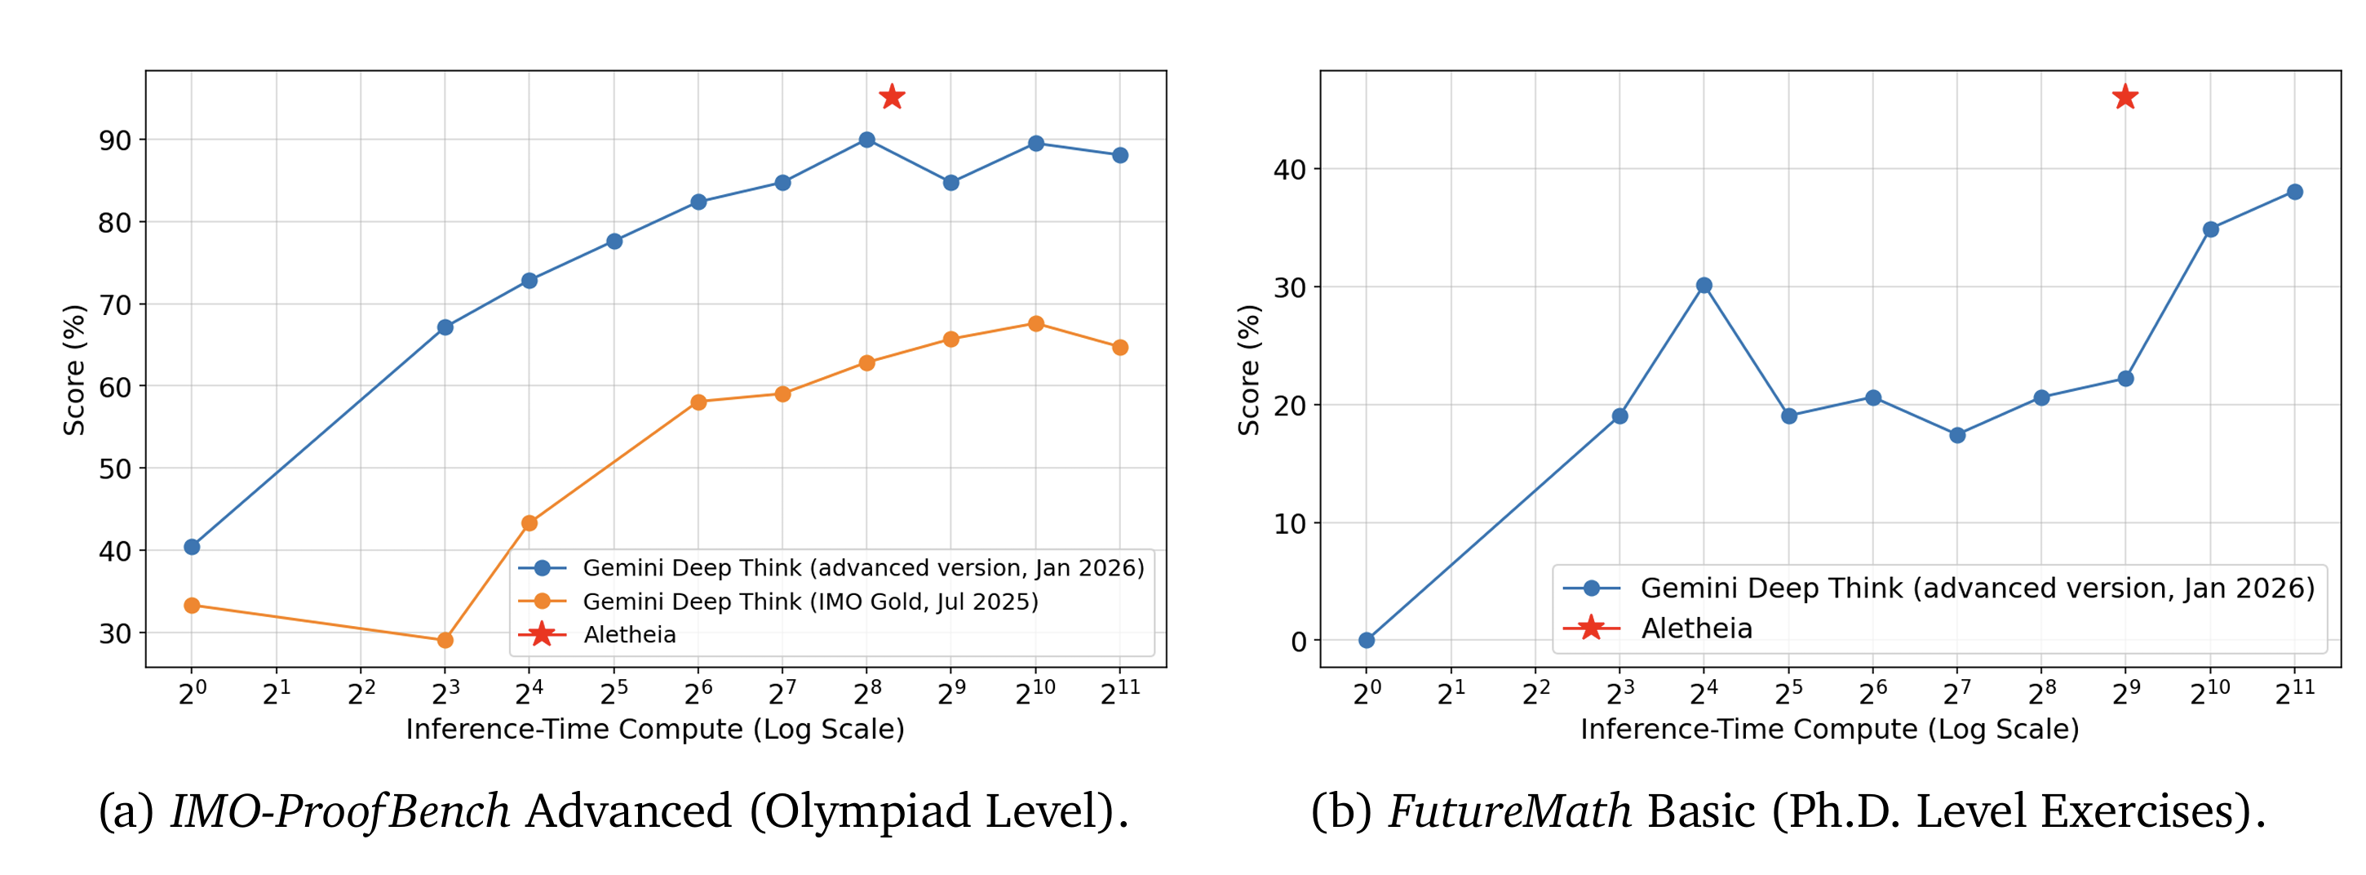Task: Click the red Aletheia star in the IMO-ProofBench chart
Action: [892, 96]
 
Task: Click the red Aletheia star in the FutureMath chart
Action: [2125, 96]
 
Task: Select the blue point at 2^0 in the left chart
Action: [192, 547]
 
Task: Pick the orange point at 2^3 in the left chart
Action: [445, 640]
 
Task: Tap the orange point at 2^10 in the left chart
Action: [1036, 323]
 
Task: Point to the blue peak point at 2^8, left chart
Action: [866, 140]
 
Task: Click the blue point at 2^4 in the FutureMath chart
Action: [1704, 286]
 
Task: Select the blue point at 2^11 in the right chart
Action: [2294, 192]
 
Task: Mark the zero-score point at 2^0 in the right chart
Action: [1367, 640]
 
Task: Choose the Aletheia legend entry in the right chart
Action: [1695, 628]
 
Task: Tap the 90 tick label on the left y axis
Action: [115, 140]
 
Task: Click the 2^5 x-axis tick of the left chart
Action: [614, 692]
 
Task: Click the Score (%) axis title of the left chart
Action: [73, 370]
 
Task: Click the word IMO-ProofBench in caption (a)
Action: [340, 811]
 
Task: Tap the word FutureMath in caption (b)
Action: [1509, 811]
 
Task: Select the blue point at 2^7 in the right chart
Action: [1957, 435]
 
